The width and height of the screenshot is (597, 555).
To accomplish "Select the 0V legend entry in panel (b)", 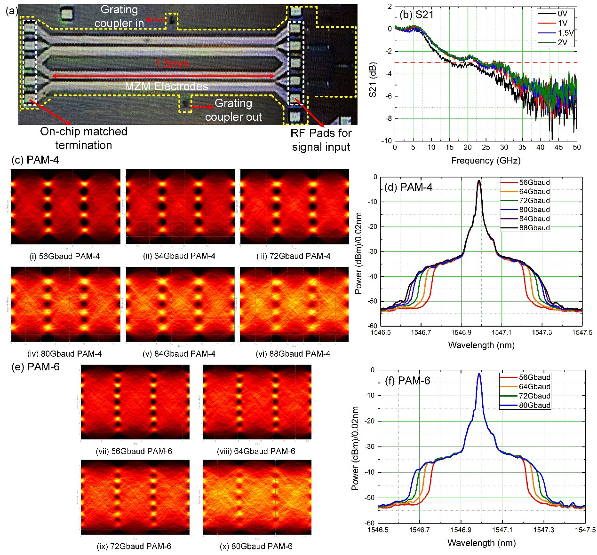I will click(562, 14).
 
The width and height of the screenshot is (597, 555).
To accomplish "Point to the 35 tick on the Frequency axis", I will click(522, 147).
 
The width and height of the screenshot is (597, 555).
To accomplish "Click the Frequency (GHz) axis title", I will click(486, 161).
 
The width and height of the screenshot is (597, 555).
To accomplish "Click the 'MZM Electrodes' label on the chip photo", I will click(166, 86).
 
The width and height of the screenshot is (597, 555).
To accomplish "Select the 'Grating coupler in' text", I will click(119, 16).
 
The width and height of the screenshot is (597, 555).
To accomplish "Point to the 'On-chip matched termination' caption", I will click(84, 138).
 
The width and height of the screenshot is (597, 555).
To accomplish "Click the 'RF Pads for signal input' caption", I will click(321, 140).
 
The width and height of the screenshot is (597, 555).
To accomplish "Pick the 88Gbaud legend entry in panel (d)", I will click(534, 228).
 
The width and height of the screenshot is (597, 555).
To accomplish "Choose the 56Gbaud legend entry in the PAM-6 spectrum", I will click(534, 377).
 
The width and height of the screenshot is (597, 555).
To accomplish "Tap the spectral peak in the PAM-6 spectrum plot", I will click(479, 375).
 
